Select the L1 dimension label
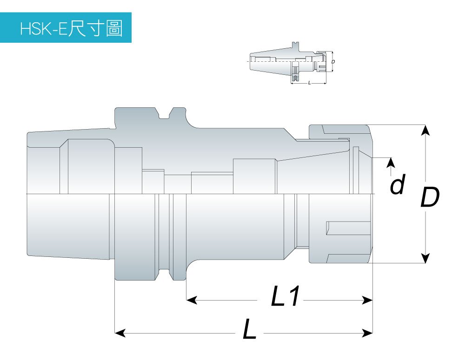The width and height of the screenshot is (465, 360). click(285, 298)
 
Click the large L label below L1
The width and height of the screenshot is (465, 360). click(249, 330)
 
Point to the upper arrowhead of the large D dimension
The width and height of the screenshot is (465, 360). click(425, 130)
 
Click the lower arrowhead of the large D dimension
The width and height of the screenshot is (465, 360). click(425, 258)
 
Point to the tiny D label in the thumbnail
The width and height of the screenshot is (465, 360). click(333, 61)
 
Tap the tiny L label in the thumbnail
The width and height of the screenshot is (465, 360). click(309, 82)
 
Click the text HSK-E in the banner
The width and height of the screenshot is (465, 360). click(44, 28)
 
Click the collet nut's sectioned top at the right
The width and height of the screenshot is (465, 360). click(339, 131)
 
